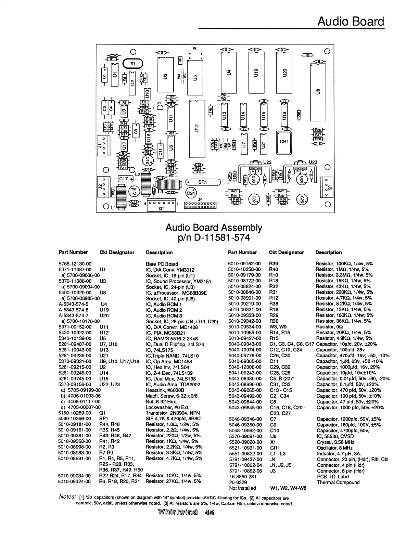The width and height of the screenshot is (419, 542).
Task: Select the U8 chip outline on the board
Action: tap(318, 92)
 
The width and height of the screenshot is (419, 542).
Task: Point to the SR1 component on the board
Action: tap(203, 182)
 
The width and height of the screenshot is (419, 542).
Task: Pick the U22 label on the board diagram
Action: tap(267, 162)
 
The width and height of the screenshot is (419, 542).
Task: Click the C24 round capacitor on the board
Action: tap(191, 193)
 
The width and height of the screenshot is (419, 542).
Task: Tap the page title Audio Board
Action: tap(351, 22)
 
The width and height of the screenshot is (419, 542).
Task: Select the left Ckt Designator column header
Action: tap(117, 253)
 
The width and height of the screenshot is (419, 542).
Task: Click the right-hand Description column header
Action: tap(328, 253)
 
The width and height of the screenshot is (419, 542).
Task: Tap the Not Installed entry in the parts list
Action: tap(242, 488)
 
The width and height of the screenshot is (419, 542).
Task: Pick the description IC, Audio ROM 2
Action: tap(164, 310)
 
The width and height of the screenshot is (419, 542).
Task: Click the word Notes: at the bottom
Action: tap(67, 497)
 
